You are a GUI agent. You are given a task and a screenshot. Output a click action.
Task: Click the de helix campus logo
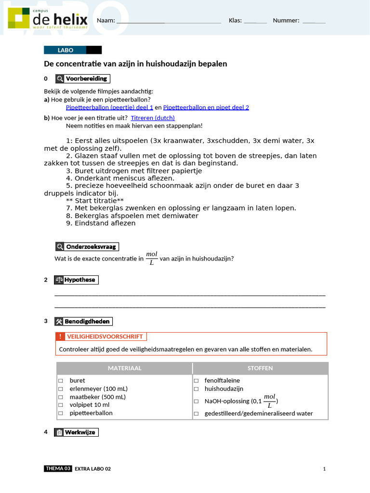click(48, 20)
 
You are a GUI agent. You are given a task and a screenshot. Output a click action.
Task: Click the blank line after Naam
click(169, 21)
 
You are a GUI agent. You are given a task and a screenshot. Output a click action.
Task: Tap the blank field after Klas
click(255, 21)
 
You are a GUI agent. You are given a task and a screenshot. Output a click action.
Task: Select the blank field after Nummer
click(314, 21)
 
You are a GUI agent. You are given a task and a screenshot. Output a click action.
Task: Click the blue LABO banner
click(66, 50)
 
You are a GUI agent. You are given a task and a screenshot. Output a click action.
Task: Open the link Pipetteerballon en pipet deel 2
click(206, 107)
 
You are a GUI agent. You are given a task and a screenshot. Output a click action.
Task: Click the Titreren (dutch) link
click(153, 117)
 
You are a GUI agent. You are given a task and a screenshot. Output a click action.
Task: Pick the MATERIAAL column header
click(124, 368)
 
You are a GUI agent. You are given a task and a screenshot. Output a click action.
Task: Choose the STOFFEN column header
click(260, 368)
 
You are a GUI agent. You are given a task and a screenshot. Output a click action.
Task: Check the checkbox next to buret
click(61, 380)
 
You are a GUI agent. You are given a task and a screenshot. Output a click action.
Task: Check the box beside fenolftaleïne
click(196, 380)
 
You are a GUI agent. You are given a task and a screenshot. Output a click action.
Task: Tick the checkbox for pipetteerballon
click(61, 413)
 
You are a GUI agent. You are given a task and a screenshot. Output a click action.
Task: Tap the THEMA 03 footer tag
click(58, 468)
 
